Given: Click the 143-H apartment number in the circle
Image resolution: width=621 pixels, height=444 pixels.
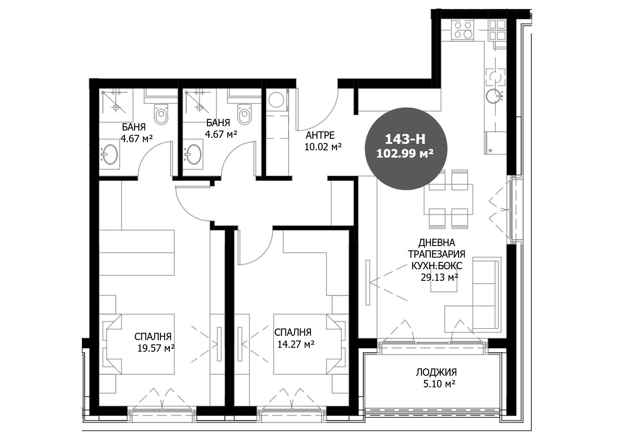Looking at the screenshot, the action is coord(405,139).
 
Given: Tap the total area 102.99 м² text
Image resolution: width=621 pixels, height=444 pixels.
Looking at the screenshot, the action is coord(405,153).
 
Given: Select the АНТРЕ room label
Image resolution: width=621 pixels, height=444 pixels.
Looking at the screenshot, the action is coord(320,135).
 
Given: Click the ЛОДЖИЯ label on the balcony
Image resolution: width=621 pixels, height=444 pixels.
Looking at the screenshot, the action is coord(436,372).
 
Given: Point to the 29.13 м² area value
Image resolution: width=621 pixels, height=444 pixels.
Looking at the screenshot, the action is coord(439,277).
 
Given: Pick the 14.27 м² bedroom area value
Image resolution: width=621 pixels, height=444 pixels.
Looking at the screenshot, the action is coord(296,344).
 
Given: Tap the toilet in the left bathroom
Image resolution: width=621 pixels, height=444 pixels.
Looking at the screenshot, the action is coord(161,114).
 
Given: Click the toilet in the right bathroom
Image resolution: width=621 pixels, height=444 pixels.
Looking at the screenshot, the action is coord(244,114).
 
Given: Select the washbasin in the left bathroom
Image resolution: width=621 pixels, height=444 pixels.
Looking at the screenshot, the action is coord(110,154).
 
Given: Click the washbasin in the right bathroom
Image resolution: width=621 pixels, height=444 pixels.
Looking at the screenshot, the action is coord(193,154).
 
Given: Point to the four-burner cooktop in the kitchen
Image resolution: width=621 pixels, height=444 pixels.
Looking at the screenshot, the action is coord(463,30).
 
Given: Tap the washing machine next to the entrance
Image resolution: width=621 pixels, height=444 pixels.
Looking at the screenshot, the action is coord(276,100).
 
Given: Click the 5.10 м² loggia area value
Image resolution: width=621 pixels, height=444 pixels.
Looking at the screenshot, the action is coord(439,384).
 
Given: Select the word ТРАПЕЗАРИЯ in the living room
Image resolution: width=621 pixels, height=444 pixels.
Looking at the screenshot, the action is coord(436,254).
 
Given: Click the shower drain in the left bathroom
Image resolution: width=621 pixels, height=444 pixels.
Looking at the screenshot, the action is coord(116,107).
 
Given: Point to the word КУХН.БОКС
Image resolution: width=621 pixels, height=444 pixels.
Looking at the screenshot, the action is coord(437,266).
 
